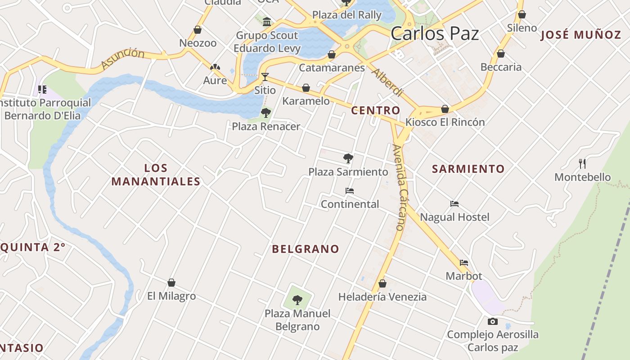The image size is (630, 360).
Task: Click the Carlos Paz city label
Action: [x=435, y=34]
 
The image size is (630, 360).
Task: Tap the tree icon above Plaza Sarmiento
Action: [x=348, y=158]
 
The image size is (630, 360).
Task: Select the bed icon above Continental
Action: [x=350, y=191]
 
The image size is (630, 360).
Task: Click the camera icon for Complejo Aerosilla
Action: [x=493, y=321]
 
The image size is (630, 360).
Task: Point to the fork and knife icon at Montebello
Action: [x=582, y=163]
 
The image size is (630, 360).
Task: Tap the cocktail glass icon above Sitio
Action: [x=265, y=76]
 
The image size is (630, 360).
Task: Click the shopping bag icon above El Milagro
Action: [x=171, y=283]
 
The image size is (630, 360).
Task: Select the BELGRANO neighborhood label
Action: [x=306, y=249]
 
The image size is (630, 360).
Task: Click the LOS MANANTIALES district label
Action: [x=156, y=175]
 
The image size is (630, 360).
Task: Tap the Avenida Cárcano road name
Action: [x=399, y=187]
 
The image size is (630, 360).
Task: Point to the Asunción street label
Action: [x=122, y=59]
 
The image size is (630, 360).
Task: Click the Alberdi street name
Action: [x=387, y=82]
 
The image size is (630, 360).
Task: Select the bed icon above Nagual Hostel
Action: [x=454, y=204]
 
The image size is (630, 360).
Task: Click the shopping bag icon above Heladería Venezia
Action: [x=382, y=283]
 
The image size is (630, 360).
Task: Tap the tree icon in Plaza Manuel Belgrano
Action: [x=297, y=300]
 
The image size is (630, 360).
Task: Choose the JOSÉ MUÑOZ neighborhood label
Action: [x=580, y=35]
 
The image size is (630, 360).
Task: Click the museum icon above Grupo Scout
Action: [x=267, y=22]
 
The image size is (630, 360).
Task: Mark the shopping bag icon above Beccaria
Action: [x=501, y=54]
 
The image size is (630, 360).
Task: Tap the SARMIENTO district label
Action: [x=468, y=169]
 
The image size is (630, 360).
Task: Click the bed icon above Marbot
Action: [x=464, y=263]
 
